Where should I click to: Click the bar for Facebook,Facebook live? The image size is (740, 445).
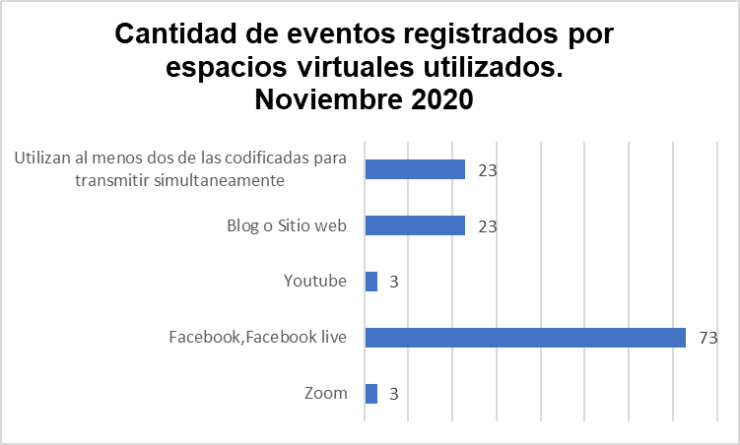click(525, 338)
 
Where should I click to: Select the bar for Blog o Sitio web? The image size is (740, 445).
click(415, 225)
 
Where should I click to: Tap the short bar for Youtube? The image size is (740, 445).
click(371, 282)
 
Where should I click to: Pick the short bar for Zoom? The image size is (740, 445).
click(371, 394)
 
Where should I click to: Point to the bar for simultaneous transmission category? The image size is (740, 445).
click(415, 169)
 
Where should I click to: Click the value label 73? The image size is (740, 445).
click(706, 338)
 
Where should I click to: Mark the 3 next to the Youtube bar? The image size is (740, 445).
click(392, 283)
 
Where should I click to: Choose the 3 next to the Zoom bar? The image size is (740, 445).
click(392, 395)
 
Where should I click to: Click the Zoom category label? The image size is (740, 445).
click(326, 394)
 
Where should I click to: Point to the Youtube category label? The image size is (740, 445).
click(314, 282)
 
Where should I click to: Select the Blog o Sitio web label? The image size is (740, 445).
click(287, 225)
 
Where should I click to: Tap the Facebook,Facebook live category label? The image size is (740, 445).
click(258, 338)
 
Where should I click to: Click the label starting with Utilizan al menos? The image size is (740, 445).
click(181, 169)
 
